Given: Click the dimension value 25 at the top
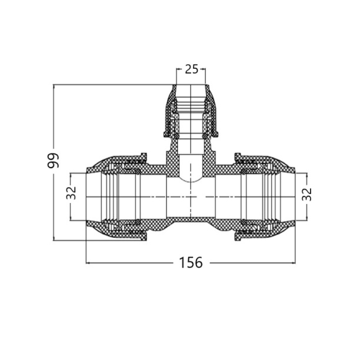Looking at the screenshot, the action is pyautogui.click(x=192, y=69).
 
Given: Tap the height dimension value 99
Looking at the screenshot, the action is pyautogui.click(x=53, y=161).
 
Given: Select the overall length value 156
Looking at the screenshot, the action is pyautogui.click(x=191, y=262).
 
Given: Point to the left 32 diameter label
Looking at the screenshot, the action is pyautogui.click(x=71, y=192).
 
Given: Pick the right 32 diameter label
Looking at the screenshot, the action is pyautogui.click(x=306, y=194).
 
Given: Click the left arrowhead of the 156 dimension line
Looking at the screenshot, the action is pyautogui.click(x=87, y=263).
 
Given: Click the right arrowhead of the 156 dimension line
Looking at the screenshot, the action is pyautogui.click(x=294, y=263).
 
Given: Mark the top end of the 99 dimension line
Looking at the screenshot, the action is pyautogui.click(x=54, y=85).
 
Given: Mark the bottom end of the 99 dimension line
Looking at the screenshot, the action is pyautogui.click(x=54, y=240).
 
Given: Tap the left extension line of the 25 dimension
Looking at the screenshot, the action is pyautogui.click(x=176, y=76).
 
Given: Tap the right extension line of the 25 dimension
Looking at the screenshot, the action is pyautogui.click(x=205, y=76).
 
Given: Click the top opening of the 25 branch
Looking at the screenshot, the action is pyautogui.click(x=191, y=85).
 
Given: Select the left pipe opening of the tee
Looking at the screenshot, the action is pyautogui.click(x=86, y=196).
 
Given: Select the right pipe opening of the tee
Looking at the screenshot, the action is pyautogui.click(x=295, y=196).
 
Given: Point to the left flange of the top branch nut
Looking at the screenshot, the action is pyautogui.click(x=166, y=134).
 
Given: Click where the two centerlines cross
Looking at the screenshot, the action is pyautogui.click(x=191, y=196).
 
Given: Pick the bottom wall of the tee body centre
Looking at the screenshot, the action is pyautogui.click(x=191, y=220).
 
